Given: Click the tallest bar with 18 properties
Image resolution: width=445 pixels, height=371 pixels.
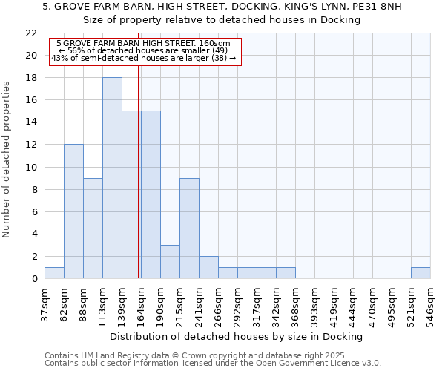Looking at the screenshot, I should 112,178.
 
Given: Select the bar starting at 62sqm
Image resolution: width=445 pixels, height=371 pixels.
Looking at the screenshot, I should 73,211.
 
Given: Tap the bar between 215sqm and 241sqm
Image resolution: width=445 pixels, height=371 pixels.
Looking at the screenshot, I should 189,228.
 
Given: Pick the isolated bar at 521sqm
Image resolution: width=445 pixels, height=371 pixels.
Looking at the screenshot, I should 421,273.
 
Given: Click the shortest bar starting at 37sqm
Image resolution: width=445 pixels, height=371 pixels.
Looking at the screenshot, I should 54,273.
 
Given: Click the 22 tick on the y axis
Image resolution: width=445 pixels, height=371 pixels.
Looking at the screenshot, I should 31,33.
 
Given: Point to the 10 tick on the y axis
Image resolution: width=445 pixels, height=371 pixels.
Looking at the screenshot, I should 31,168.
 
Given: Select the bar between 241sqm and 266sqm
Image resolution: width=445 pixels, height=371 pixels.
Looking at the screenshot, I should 208,267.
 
